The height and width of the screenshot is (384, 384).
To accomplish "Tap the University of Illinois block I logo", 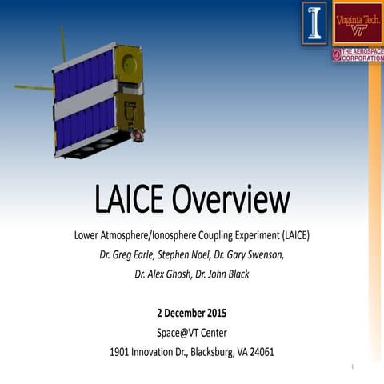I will tap(314, 22).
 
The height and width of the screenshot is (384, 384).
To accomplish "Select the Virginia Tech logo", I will tap(357, 22).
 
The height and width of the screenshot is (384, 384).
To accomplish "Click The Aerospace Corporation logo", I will tap(357, 54).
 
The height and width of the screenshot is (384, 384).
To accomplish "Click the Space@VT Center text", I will tap(191, 331).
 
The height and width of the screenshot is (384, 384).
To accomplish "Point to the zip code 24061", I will tap(259, 351).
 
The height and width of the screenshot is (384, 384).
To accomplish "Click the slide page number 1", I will tap(352, 366).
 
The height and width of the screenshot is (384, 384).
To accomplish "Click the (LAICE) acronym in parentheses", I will tap(287, 237).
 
